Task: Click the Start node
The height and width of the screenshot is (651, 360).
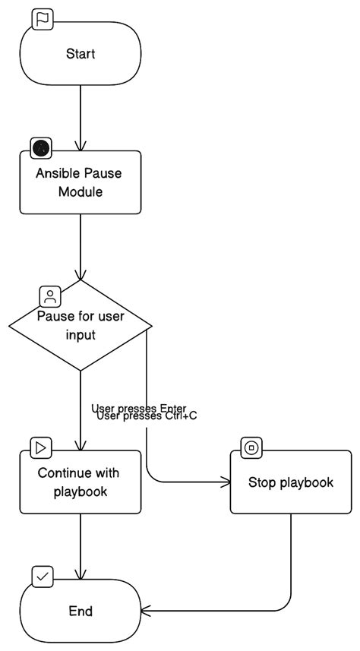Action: coord(80,53)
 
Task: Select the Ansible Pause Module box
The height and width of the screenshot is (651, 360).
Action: coord(80,182)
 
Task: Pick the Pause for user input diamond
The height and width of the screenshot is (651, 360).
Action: coord(80,325)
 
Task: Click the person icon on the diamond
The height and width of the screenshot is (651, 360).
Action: coord(49,295)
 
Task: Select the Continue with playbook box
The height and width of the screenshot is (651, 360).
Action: coord(80,482)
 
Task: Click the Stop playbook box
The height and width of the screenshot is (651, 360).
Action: coord(291,482)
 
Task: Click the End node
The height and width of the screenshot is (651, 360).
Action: coord(80,611)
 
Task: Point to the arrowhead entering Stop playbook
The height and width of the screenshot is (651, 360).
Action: coord(225,482)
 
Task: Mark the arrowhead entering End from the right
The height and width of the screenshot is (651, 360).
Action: coord(147,611)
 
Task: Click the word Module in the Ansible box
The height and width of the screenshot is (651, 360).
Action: coord(80,192)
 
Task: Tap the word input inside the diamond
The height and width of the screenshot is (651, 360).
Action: coord(80,335)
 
